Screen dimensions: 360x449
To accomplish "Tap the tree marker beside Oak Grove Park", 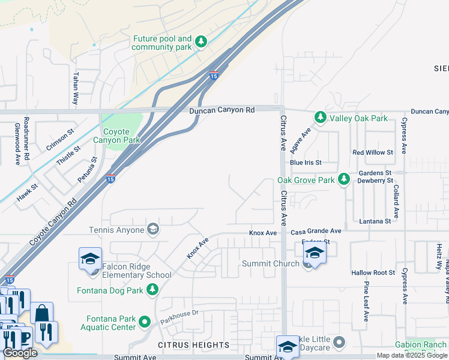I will tap(343, 179).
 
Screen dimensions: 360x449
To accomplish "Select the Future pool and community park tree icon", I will tap(201, 42).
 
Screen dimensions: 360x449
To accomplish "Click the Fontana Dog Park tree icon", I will tap(153, 290).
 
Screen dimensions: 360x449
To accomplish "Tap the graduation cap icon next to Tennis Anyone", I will tap(153, 229).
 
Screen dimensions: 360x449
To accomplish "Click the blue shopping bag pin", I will tap(42, 313).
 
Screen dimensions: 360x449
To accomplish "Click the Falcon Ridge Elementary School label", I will tap(137, 271).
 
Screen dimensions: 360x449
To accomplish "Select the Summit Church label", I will tap(270, 263).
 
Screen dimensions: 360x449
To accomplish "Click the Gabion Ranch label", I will tap(421, 344).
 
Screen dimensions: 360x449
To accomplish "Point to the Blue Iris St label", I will tap(306, 163).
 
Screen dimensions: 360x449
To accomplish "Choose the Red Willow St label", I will tap(372, 152).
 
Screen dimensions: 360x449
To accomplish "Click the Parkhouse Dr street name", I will tap(179, 317).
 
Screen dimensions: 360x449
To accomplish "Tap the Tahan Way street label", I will tap(76, 89).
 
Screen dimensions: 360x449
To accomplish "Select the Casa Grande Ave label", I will tap(316, 231).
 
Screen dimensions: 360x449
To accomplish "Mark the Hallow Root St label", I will tap(373, 272).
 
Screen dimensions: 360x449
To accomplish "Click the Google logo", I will tap(20, 353).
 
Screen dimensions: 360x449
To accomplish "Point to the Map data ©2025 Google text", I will tap(412, 355).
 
